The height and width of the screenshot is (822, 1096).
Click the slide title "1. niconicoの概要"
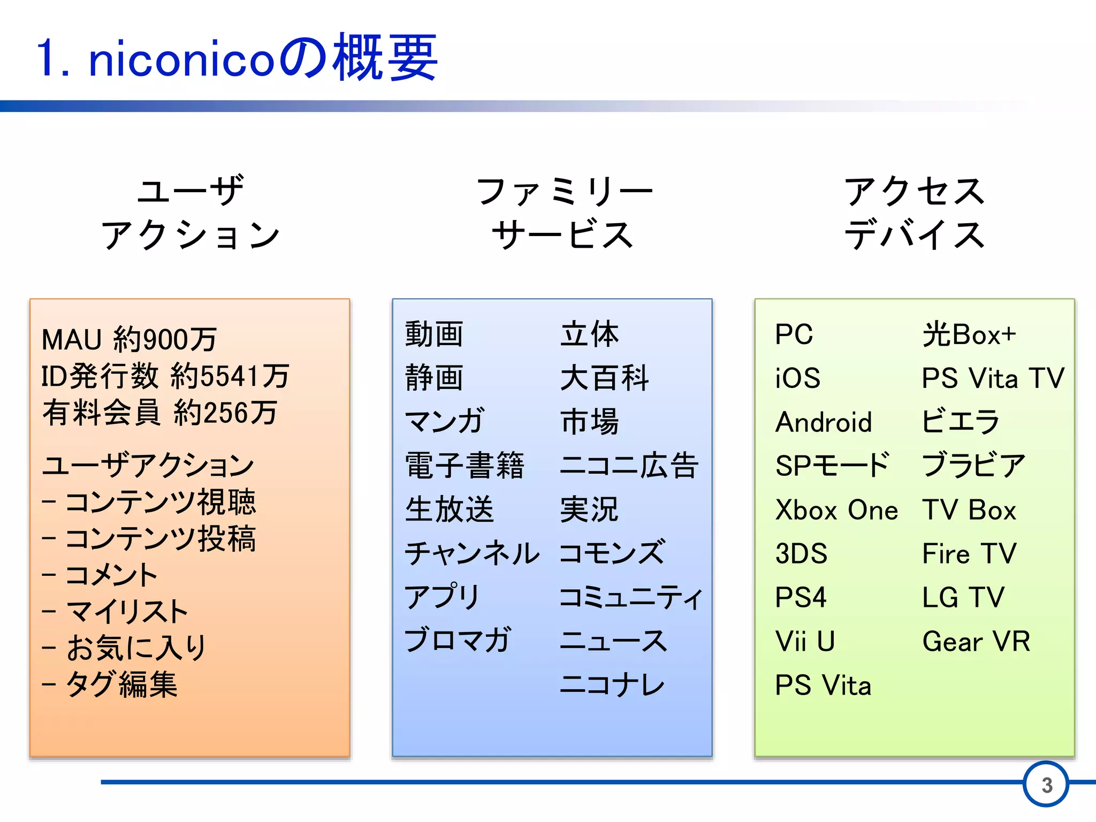237,58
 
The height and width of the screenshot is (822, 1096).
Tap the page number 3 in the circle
1046,785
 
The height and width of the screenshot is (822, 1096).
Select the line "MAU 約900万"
130,339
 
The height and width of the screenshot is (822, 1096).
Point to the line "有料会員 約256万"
159,413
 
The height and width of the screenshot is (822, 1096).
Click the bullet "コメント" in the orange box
111,575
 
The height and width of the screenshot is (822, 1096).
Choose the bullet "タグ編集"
121,684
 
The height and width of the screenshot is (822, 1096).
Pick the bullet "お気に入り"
136,648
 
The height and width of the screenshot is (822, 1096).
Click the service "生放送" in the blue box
449,509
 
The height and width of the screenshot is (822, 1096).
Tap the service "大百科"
604,378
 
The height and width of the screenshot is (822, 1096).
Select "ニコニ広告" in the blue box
629,465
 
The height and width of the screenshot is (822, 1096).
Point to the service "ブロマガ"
458,640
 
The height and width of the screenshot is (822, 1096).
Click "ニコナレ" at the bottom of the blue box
612,684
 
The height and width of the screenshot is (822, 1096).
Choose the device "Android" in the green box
824,422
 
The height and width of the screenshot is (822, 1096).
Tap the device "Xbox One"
836,509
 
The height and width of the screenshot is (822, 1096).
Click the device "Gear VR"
976,641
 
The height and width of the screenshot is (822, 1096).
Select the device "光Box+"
969,334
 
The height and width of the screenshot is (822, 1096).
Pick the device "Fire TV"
969,553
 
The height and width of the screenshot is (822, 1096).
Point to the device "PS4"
801,597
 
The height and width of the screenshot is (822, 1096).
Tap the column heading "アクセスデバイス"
915,212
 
